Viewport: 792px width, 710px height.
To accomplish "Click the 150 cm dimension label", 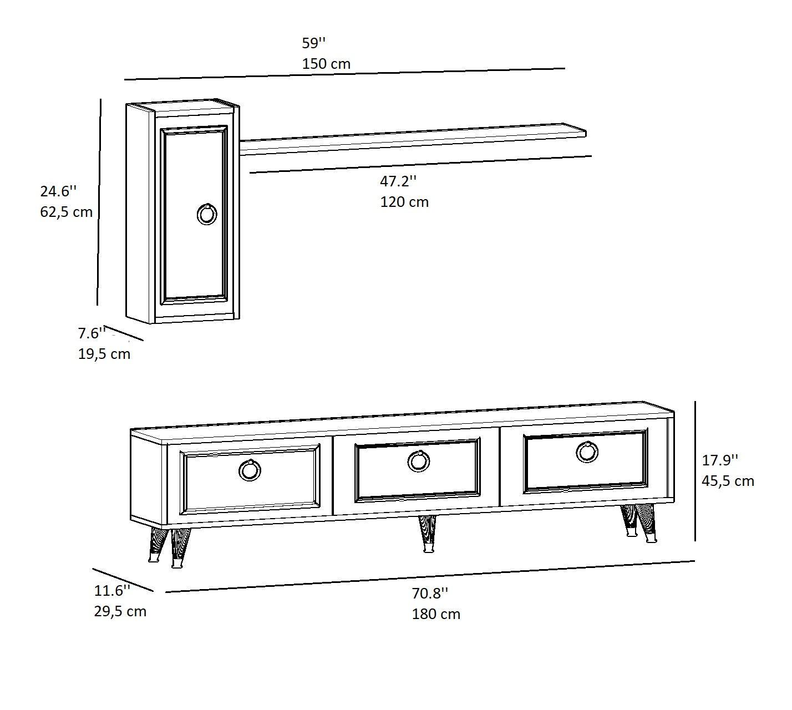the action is click(x=326, y=64).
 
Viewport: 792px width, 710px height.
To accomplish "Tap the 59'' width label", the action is click(x=314, y=43).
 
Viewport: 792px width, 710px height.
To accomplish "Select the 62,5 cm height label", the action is click(x=67, y=212).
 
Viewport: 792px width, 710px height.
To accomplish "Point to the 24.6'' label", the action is click(x=59, y=191).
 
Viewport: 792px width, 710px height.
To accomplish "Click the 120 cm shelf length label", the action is click(x=404, y=202).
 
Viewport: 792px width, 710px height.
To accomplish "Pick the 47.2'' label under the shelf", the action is click(x=398, y=181).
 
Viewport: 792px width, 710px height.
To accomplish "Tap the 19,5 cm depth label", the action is click(x=104, y=354).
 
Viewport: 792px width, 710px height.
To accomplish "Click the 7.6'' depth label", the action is click(x=92, y=333).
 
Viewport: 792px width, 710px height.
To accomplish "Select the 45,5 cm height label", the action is click(x=728, y=481).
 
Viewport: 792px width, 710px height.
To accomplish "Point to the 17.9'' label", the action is click(x=720, y=460).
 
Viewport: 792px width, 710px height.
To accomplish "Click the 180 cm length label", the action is click(x=436, y=614).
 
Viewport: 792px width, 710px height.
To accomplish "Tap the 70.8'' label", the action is click(x=430, y=594).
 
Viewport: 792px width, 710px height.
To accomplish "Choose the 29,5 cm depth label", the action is click(x=120, y=611).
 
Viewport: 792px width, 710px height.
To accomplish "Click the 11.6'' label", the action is click(x=112, y=590).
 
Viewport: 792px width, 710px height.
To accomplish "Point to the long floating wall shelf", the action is click(x=413, y=140).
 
